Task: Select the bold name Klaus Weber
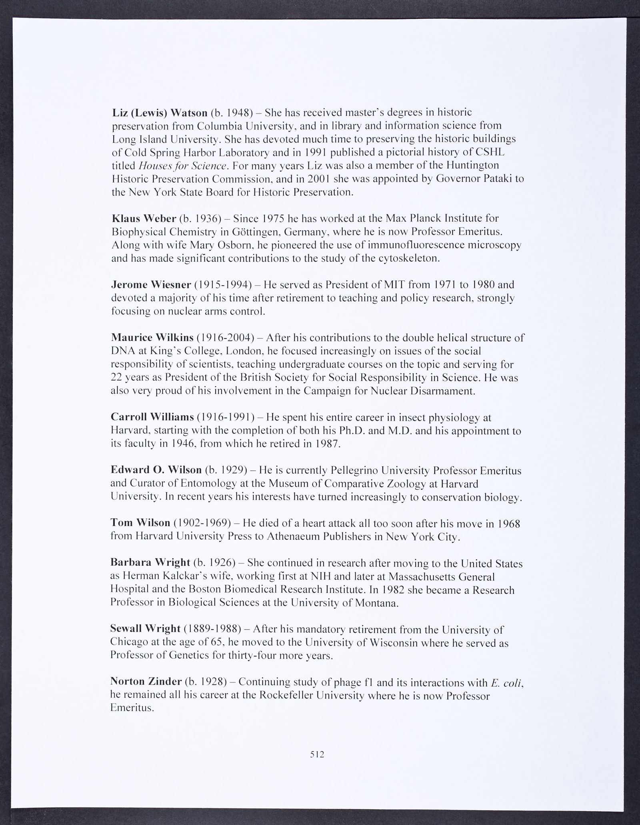[144, 219]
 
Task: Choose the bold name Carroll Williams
[152, 417]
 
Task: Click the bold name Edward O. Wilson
[156, 470]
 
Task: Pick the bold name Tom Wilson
[140, 523]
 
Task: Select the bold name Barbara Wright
[150, 563]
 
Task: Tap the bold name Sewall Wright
[145, 629]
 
